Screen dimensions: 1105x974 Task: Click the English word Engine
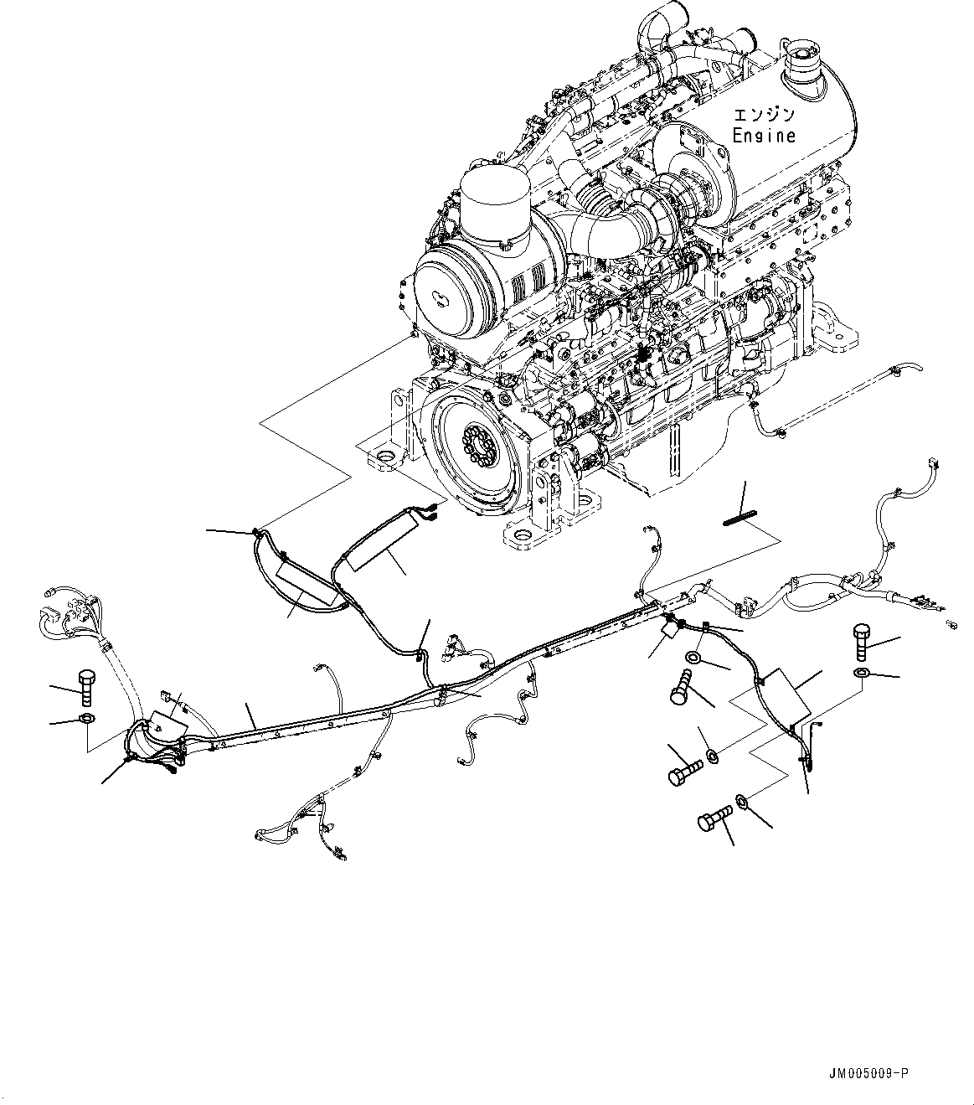764,135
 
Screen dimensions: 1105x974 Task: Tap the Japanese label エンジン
764,115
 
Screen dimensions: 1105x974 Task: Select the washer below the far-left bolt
86,720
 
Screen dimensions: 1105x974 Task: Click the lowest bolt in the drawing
709,820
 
